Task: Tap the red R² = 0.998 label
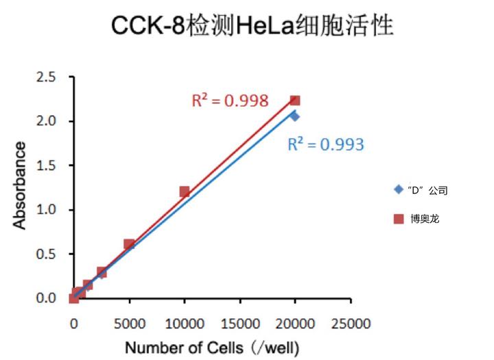(x=229, y=101)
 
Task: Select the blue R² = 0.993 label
(x=325, y=144)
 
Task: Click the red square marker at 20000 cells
(x=295, y=101)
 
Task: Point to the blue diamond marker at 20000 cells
(x=294, y=116)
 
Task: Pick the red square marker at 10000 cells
(x=185, y=191)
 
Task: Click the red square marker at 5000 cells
(x=129, y=244)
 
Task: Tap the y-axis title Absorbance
(x=21, y=185)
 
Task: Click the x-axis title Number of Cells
(x=212, y=348)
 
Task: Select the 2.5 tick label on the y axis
(x=47, y=77)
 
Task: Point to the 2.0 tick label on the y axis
(x=47, y=121)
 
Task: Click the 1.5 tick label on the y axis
(x=47, y=165)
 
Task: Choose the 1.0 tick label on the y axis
(x=47, y=210)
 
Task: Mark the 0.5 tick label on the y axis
(x=47, y=254)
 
